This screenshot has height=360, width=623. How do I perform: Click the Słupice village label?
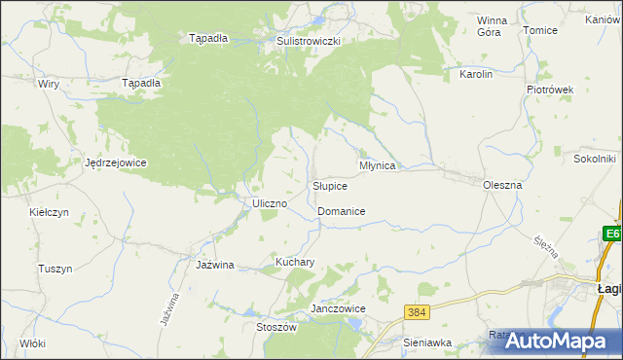[x=330, y=186]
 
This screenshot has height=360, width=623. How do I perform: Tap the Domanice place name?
[x=341, y=211]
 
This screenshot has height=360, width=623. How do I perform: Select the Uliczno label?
[x=269, y=203]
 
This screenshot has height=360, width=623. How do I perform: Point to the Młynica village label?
[x=378, y=165]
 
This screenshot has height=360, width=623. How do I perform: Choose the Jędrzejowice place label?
[x=116, y=162]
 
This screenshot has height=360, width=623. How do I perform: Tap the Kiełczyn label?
[x=48, y=211]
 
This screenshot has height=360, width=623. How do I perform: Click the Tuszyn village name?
[x=55, y=269]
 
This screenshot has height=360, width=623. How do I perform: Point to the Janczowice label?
[x=337, y=308]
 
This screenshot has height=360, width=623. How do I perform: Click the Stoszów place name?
[x=275, y=328]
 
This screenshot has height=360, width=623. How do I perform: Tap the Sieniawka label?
[x=427, y=342]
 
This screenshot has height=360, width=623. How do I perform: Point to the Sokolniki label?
[x=596, y=158]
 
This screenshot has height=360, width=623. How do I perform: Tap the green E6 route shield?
[x=612, y=234]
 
